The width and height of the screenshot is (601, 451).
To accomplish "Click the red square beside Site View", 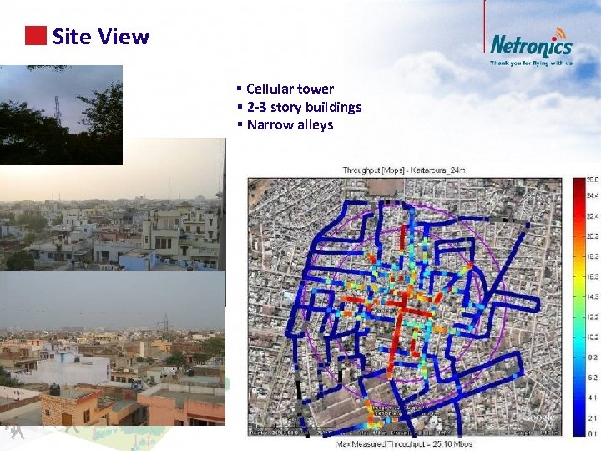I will tap(35, 36).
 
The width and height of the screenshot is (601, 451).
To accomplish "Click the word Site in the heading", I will tap(70, 37).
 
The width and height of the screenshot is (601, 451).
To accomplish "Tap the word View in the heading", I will tap(124, 37).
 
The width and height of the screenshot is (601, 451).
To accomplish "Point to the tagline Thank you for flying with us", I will tap(531, 63).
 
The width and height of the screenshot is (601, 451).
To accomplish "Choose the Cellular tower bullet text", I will tap(290, 89).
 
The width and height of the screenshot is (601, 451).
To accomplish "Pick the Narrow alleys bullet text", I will tap(290, 125).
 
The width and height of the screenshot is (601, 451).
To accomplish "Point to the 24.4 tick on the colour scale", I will tap(591, 195).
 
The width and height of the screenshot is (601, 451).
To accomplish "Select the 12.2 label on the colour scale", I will tap(591, 317).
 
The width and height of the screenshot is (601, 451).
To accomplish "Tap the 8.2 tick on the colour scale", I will tap(591, 357).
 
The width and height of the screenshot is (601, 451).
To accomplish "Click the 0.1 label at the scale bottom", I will tap(591, 433).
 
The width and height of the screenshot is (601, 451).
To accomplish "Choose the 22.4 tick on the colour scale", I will tap(591, 215).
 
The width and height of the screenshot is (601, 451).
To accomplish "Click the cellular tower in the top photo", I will tap(58, 109).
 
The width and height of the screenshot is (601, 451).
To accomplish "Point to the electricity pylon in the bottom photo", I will tap(165, 322).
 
